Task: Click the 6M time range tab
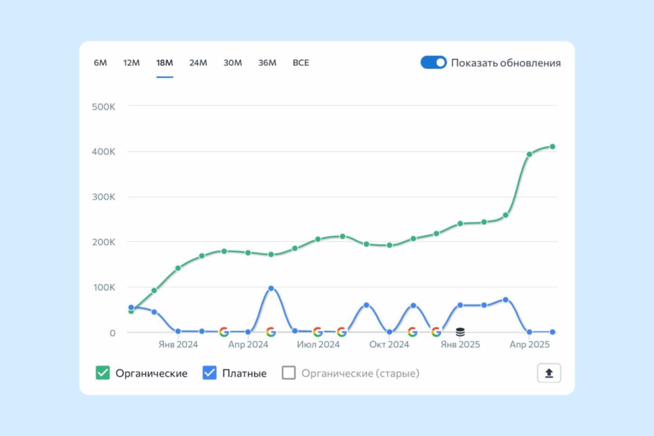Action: (100, 63)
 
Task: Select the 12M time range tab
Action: (132, 63)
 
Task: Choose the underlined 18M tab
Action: (165, 63)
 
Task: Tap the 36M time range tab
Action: (267, 63)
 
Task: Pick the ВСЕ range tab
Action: (301, 63)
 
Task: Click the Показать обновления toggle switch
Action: (433, 63)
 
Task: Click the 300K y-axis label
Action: (103, 196)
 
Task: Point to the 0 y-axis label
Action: (112, 332)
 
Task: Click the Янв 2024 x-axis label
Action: (178, 345)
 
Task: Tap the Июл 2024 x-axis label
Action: (318, 345)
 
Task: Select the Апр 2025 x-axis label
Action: (529, 345)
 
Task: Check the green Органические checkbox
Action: (102, 373)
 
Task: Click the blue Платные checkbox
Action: (209, 373)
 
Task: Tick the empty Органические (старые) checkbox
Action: (289, 373)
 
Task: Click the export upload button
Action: (549, 373)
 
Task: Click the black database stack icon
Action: (460, 332)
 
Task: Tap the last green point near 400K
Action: (552, 146)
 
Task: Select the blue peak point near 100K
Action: (271, 288)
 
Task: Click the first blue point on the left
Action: (131, 308)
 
